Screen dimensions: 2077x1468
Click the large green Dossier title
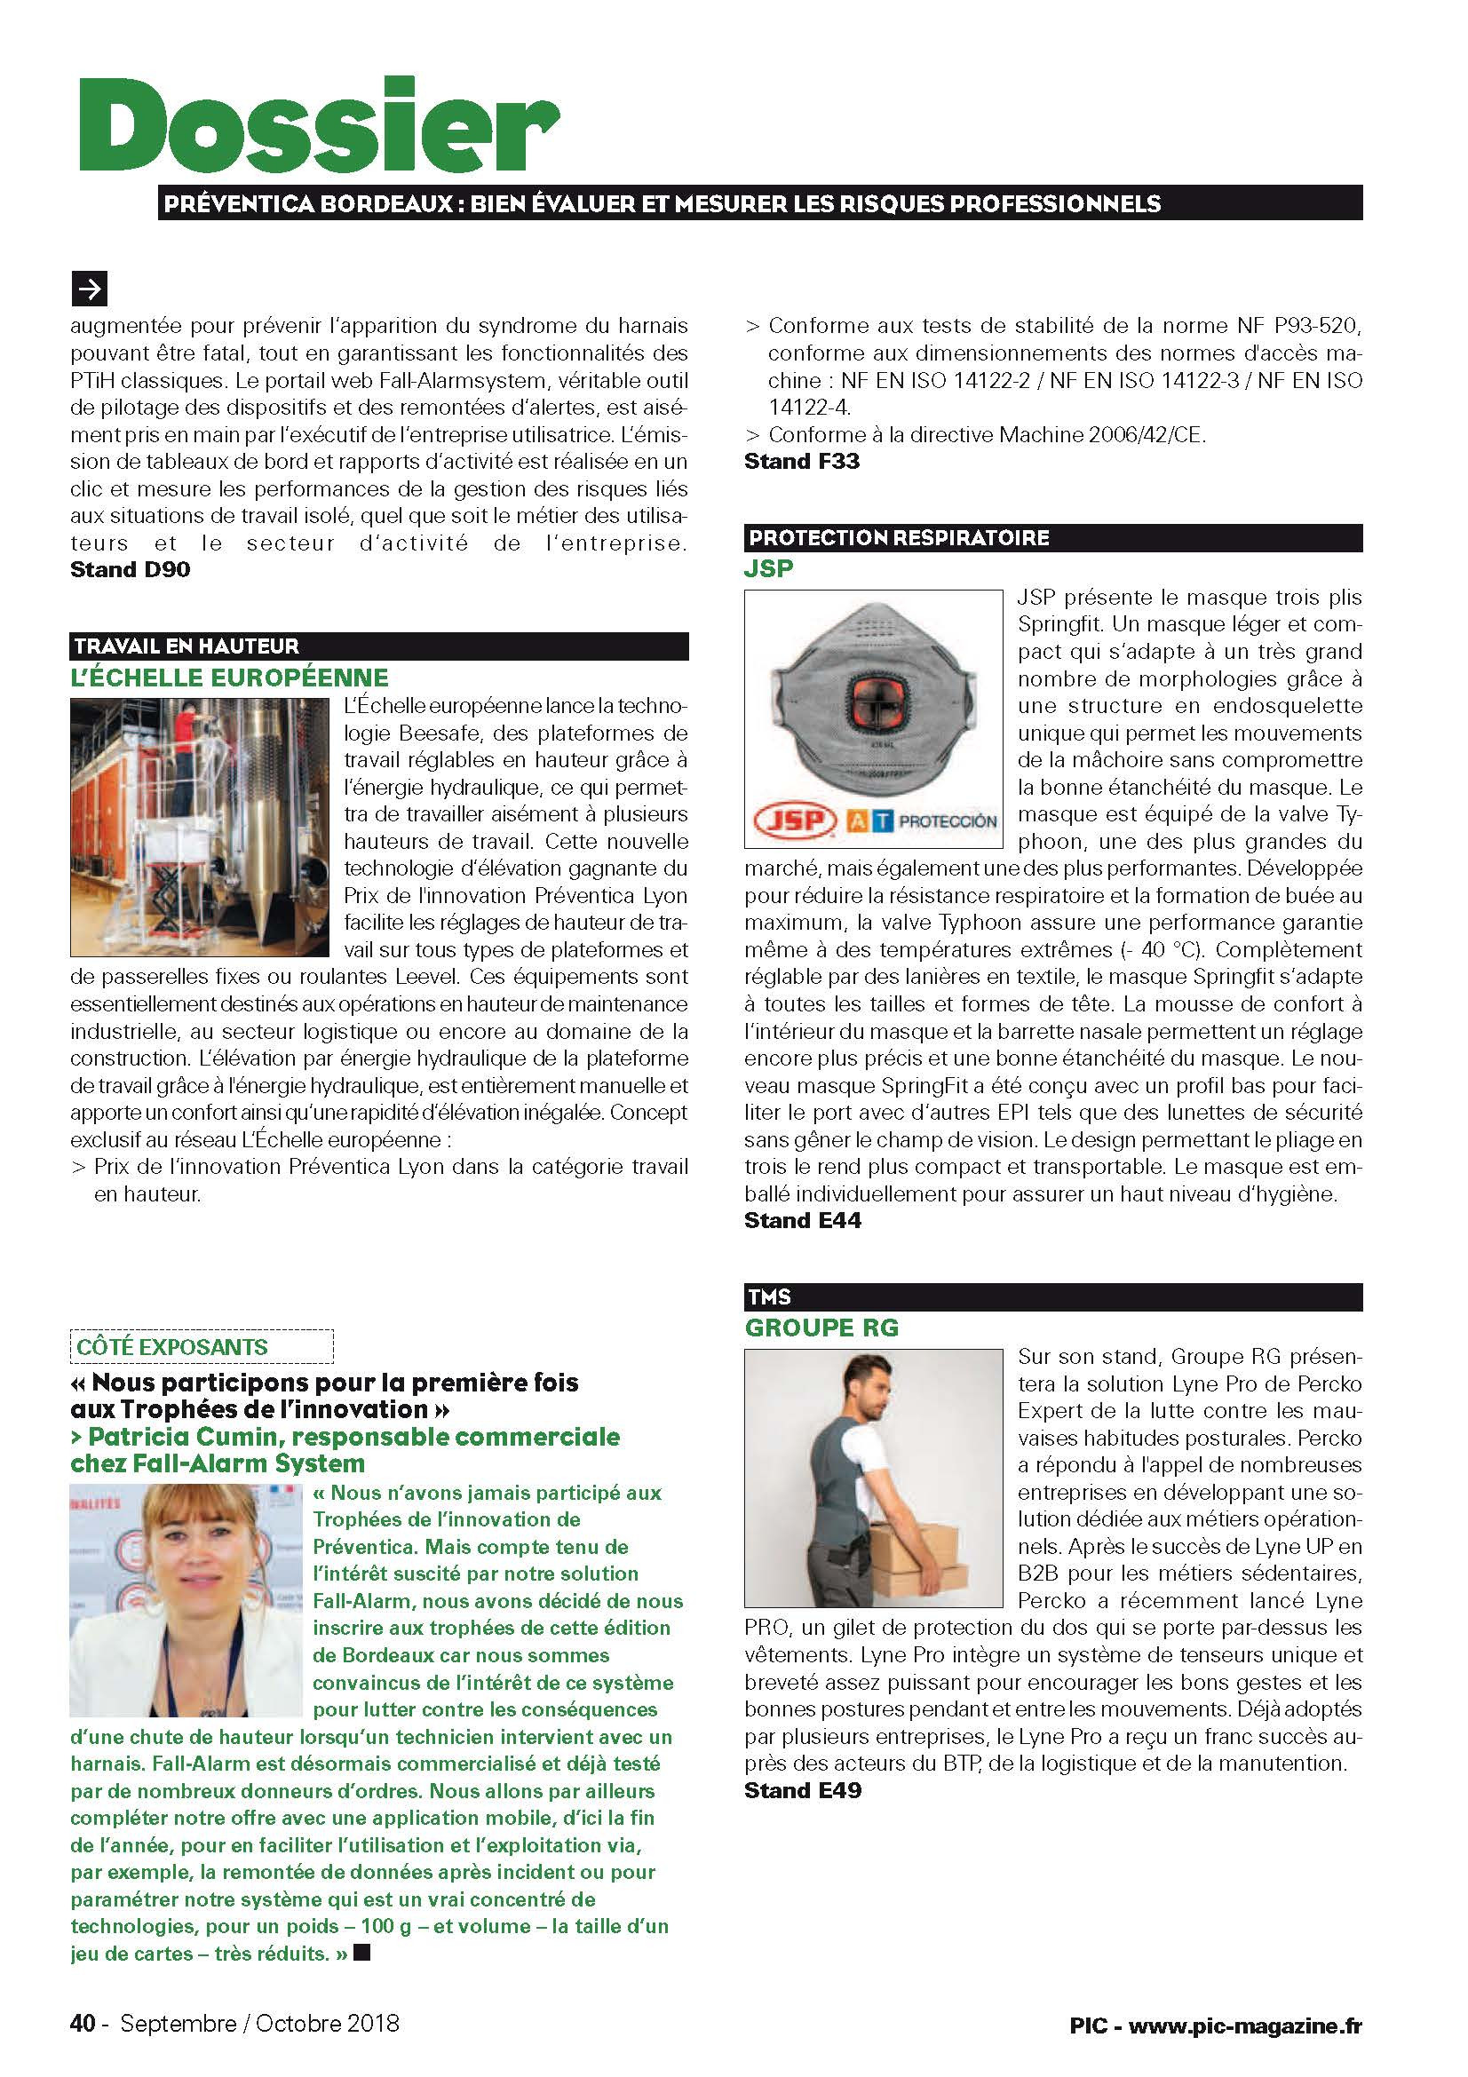click(316, 127)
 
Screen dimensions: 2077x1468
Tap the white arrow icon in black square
click(89, 289)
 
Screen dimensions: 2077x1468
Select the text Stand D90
click(131, 570)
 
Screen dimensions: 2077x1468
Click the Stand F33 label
click(801, 462)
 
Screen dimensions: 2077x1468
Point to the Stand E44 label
click(802, 1220)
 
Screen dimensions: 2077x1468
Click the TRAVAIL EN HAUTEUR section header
click(186, 646)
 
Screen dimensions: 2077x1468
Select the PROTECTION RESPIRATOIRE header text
click(899, 538)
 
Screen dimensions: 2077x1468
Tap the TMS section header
click(769, 1297)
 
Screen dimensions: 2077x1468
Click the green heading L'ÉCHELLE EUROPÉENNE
click(230, 678)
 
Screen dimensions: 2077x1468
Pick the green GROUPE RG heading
click(821, 1328)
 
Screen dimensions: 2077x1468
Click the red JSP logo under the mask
click(794, 820)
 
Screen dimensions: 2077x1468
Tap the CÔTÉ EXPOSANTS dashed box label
click(172, 1346)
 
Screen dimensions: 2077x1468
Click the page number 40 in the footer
click(83, 2023)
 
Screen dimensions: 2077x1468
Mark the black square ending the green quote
click(361, 1953)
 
